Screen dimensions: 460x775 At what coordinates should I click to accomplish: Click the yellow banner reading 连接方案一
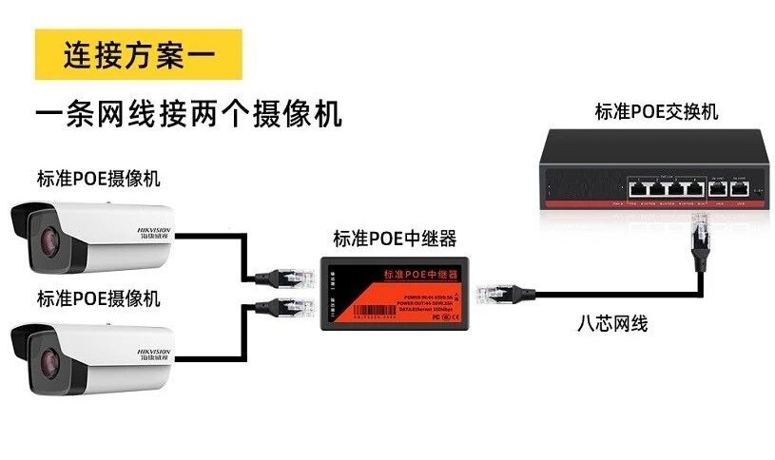[x=138, y=54]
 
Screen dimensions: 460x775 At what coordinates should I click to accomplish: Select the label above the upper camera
[x=99, y=178]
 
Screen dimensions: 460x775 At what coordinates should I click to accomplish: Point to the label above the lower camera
[x=99, y=297]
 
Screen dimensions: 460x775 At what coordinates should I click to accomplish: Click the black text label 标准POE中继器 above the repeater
[x=395, y=238]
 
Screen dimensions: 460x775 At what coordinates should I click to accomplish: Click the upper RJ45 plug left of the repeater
[x=289, y=276]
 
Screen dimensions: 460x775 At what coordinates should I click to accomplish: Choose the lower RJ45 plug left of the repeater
[x=289, y=305]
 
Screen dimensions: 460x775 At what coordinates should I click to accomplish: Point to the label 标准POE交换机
[x=656, y=112]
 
